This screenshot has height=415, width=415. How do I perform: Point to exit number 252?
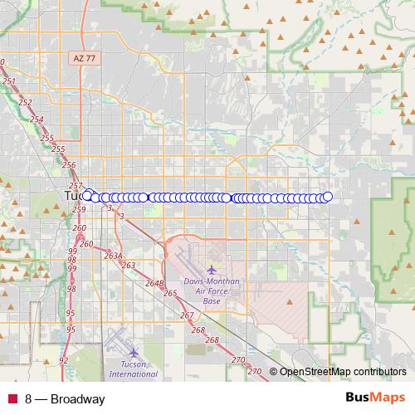click(25, 102)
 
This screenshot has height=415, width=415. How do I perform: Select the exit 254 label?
click(37, 120)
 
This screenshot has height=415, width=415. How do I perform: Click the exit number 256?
click(69, 165)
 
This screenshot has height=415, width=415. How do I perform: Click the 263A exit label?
click(113, 256)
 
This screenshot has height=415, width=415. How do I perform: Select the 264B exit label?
click(155, 283)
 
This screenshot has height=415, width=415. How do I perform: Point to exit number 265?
click(171, 293)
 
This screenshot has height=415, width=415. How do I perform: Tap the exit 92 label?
click(64, 361)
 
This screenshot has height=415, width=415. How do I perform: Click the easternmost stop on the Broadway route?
click(327, 197)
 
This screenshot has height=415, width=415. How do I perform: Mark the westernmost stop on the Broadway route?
click(87, 196)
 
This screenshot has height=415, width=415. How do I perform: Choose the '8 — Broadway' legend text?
click(65, 399)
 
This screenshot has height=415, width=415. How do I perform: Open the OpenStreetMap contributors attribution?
click(342, 371)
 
